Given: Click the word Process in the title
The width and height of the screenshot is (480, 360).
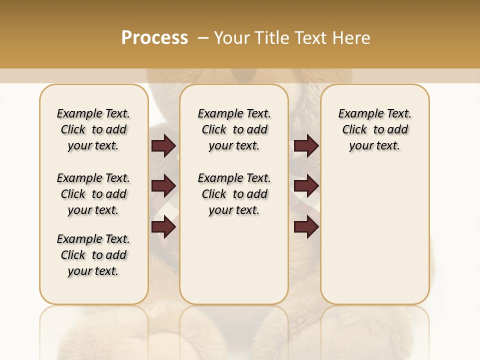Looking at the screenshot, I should (154, 38).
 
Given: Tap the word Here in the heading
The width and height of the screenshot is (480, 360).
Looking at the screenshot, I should (351, 38).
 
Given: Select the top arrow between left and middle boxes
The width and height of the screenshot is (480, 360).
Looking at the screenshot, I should (163, 146).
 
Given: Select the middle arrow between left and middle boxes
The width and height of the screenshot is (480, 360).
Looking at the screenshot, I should (163, 186).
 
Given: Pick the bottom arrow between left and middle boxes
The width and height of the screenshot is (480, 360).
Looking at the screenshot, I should (163, 226).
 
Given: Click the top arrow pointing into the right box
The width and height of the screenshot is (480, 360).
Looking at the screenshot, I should (306, 146).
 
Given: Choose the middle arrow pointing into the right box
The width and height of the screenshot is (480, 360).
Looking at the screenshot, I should (306, 186).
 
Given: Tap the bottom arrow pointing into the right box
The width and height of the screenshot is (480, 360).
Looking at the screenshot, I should (306, 226).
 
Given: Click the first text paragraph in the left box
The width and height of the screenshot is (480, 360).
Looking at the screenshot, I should (93, 129).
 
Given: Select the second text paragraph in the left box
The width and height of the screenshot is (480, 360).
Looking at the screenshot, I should (93, 194).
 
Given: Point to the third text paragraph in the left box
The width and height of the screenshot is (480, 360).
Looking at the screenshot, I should (93, 255).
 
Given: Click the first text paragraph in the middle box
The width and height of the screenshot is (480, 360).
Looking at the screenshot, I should (234, 129).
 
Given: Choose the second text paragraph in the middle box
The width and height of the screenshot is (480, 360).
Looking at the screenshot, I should (234, 194).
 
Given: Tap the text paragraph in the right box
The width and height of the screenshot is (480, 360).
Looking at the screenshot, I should (375, 129).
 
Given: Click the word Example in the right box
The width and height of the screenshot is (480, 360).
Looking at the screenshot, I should (357, 114).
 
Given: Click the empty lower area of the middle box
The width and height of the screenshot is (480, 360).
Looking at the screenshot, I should (234, 260).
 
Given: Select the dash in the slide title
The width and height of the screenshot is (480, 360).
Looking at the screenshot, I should (202, 38).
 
